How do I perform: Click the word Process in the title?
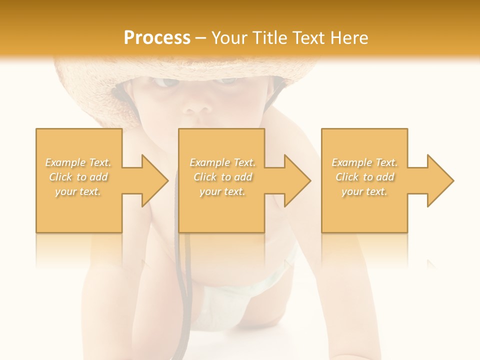click(157, 37)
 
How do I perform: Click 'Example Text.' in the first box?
click(78, 162)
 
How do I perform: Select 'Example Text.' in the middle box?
click(222, 162)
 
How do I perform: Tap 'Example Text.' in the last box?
click(364, 162)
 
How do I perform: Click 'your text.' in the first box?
click(78, 191)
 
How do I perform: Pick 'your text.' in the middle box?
click(222, 191)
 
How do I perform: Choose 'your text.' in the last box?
click(364, 191)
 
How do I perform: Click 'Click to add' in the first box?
click(78, 177)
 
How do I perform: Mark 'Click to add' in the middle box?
click(222, 177)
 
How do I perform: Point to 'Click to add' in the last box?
click(364, 177)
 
